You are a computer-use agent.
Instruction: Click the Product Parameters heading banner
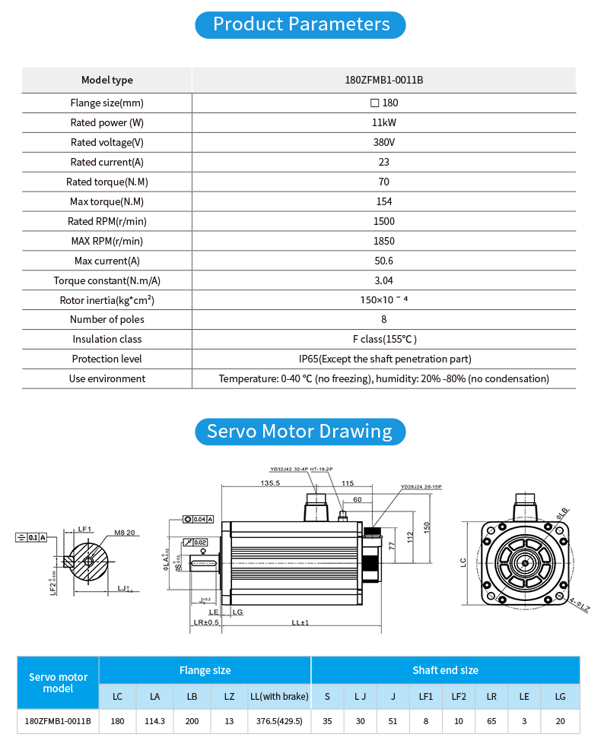point(300,24)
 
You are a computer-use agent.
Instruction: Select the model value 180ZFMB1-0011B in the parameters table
point(383,81)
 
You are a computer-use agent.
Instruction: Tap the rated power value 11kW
point(383,123)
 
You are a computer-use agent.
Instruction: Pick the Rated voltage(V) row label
point(107,143)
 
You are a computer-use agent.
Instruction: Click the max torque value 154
point(383,202)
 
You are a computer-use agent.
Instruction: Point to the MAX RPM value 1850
point(383,242)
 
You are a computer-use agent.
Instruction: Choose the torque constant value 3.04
point(383,280)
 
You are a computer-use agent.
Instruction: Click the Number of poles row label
point(107,320)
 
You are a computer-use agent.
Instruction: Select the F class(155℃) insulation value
point(383,340)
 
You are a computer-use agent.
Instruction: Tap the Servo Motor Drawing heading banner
point(300,432)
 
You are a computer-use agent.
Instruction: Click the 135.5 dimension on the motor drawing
point(270,483)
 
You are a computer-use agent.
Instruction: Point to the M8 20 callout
point(125,533)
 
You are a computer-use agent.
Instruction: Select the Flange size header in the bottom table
point(205,670)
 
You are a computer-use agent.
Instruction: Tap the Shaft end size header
point(445,670)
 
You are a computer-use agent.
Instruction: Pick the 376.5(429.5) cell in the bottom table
point(279,721)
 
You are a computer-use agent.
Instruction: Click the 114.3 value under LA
point(155,721)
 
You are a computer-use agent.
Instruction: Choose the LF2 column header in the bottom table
point(459,696)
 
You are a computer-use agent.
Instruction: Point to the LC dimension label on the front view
point(463,563)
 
